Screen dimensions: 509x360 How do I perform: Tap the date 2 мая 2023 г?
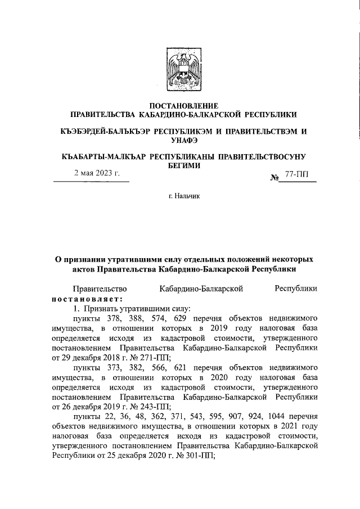97,173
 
